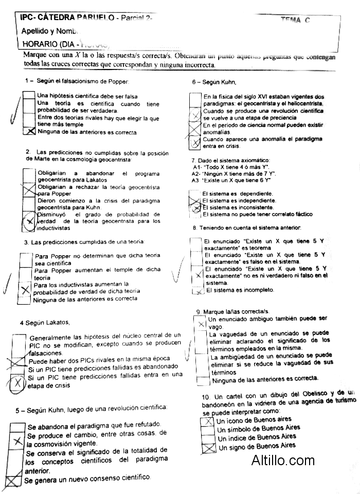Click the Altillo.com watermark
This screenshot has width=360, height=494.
pyautogui.click(x=283, y=460)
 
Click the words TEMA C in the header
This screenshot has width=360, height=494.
pyautogui.click(x=295, y=20)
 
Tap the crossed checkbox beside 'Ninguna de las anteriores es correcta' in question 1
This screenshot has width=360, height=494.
pyautogui.click(x=30, y=132)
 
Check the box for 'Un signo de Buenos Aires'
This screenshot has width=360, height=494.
pyautogui.click(x=209, y=448)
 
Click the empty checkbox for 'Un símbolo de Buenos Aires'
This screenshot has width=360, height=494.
pyautogui.click(x=209, y=430)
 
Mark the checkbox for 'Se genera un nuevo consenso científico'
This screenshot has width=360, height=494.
pyautogui.click(x=14, y=481)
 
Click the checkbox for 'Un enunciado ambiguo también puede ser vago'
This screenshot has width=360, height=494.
pyautogui.click(x=202, y=324)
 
